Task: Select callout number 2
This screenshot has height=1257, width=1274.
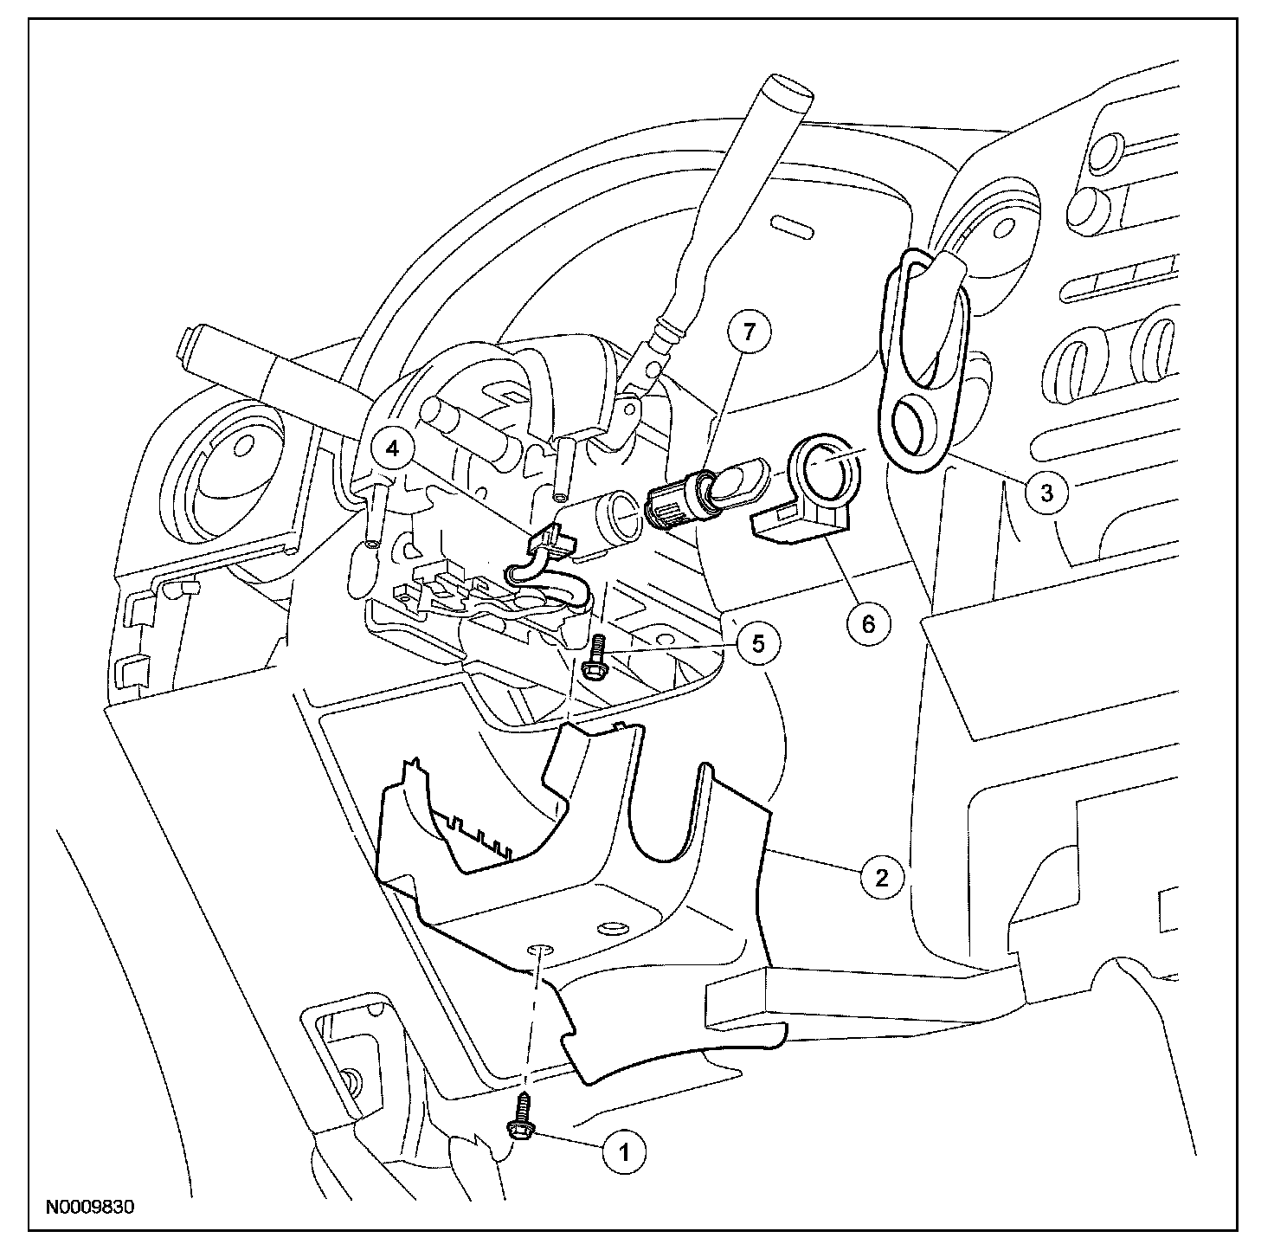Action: [882, 879]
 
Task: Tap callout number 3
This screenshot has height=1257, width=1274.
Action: [1047, 493]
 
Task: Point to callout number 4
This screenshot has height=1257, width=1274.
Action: [394, 448]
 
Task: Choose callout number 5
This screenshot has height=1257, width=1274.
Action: [758, 643]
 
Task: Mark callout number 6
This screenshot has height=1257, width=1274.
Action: [868, 622]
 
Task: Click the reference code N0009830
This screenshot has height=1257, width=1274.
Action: [90, 1206]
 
